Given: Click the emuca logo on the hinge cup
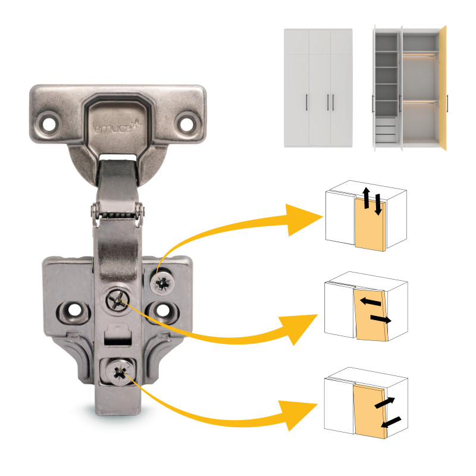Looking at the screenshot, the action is (x=117, y=127).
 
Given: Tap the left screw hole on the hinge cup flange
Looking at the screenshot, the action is (x=49, y=124).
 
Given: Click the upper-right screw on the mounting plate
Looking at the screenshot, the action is (x=162, y=283).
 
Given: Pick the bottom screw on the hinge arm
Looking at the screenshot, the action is (x=121, y=372).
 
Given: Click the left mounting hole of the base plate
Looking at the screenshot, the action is (x=74, y=310).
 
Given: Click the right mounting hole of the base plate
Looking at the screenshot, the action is (x=163, y=310).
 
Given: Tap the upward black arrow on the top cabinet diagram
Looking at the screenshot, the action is (x=367, y=198).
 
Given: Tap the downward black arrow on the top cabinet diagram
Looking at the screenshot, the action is (x=378, y=205).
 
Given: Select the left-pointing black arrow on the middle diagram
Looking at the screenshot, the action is (x=370, y=302).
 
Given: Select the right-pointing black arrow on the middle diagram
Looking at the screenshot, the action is (x=381, y=319).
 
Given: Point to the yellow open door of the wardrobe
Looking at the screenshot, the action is (x=443, y=88).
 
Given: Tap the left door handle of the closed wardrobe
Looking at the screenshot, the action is (x=306, y=102).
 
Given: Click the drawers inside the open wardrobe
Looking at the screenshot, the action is (x=386, y=130).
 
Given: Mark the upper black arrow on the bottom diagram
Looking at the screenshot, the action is (x=384, y=403).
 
